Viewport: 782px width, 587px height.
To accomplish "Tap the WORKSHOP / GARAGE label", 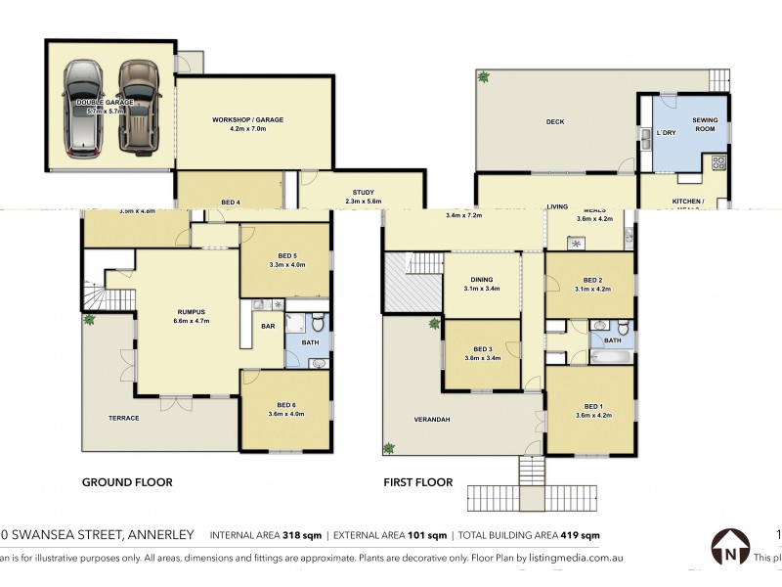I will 247,119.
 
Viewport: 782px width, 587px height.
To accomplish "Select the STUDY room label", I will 362,193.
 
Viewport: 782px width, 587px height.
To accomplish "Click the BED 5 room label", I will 286,255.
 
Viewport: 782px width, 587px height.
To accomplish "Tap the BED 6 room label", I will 286,405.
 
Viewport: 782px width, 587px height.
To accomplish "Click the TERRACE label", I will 123,418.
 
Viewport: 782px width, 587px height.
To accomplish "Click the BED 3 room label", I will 482,349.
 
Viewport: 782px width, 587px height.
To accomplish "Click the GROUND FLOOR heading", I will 127,482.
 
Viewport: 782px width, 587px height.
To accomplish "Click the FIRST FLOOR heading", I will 419,482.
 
